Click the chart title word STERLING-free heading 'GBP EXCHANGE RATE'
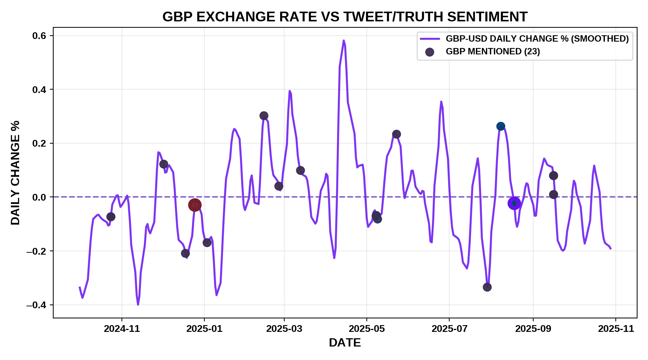(345, 17)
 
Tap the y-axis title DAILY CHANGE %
(15, 172)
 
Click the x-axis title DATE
(345, 342)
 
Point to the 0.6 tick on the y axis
(39, 36)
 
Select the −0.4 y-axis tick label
(36, 305)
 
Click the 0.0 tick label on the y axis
(39, 197)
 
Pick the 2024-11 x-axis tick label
(122, 329)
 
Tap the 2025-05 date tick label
(367, 329)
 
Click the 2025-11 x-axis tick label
(616, 329)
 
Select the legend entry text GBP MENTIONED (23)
(493, 52)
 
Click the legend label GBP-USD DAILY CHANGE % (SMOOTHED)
(537, 39)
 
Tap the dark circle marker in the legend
(430, 52)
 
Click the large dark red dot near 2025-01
(195, 205)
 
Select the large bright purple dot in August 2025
(514, 203)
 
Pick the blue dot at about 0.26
(501, 126)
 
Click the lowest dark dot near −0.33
(487, 287)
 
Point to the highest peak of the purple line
(343, 40)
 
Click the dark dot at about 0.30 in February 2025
(264, 116)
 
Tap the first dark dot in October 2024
(111, 217)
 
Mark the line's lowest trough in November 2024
(138, 304)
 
